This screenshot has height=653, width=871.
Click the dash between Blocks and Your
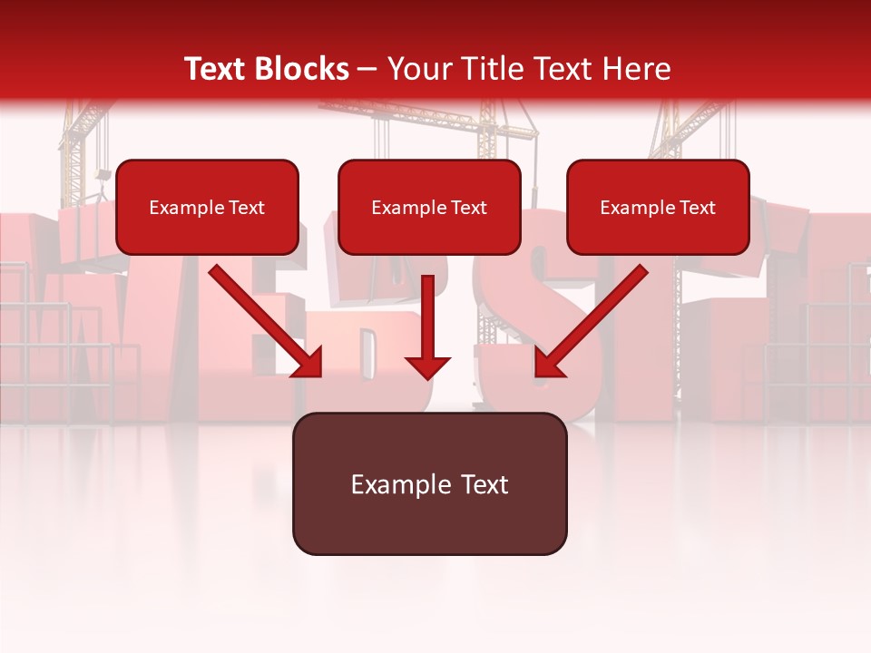coord(367,70)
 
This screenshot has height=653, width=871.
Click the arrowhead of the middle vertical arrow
coord(427,367)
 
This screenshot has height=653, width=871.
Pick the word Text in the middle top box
coord(468,208)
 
